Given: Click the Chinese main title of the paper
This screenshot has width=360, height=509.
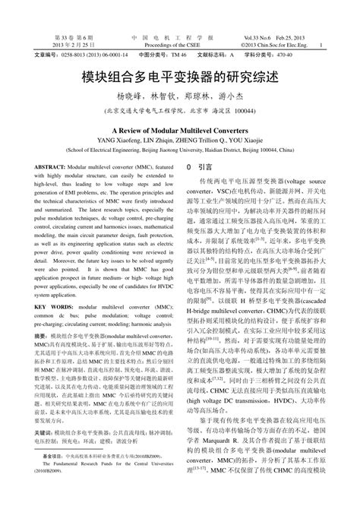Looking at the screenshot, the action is pyautogui.click(x=179, y=79).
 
